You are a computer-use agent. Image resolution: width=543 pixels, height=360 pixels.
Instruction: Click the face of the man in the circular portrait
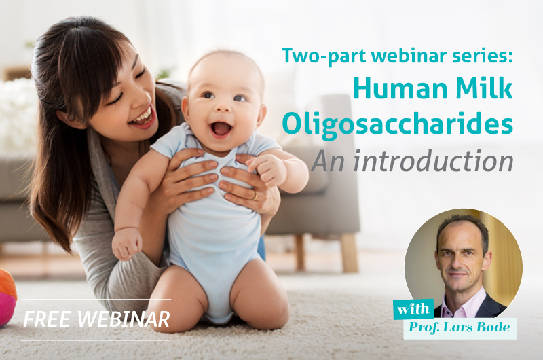461,257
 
